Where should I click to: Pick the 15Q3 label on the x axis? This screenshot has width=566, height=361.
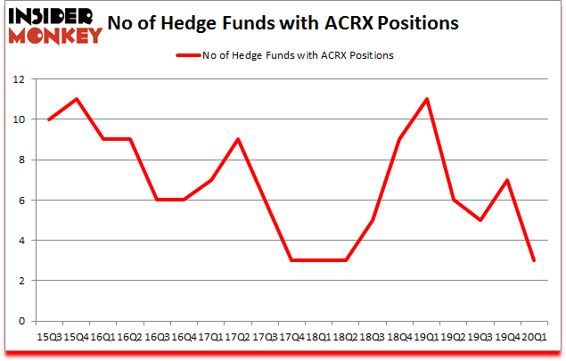[x=48, y=338]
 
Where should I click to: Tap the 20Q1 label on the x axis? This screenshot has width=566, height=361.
[x=534, y=338]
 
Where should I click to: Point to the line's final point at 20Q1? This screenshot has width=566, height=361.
[x=534, y=260]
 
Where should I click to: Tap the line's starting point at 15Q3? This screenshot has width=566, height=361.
[x=48, y=119]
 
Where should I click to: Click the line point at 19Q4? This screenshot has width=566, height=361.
[x=508, y=180]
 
